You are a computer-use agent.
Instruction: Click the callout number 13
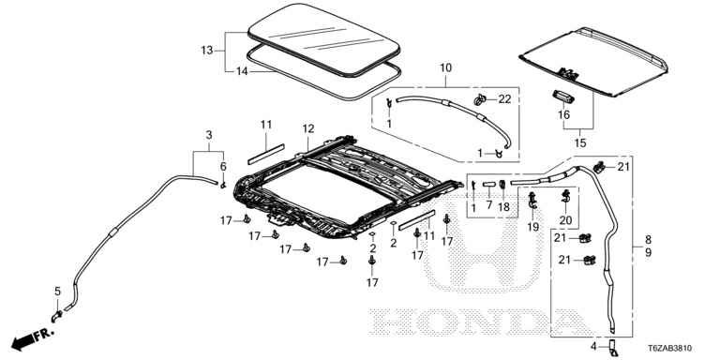[206, 50]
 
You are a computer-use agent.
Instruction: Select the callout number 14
[242, 71]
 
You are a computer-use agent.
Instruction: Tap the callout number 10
[445, 67]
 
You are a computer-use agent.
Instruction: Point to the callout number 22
[504, 98]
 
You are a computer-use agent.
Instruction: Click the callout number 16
[563, 114]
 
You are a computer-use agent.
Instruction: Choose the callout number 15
[580, 142]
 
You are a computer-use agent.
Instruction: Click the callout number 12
[308, 129]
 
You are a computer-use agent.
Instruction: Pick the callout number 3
[209, 135]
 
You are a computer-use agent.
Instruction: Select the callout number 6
[223, 166]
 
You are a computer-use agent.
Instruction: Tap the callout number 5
[57, 292]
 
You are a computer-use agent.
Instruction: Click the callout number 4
[593, 346]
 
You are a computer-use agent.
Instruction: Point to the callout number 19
[533, 226]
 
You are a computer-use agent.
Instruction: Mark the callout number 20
[565, 220]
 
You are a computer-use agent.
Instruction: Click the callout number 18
[503, 207]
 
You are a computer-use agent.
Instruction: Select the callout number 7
[489, 204]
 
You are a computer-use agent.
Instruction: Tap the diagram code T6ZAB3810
[670, 349]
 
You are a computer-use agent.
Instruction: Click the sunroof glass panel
[323, 39]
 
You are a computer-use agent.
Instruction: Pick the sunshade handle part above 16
[562, 96]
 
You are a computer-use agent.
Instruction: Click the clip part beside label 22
[482, 99]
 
